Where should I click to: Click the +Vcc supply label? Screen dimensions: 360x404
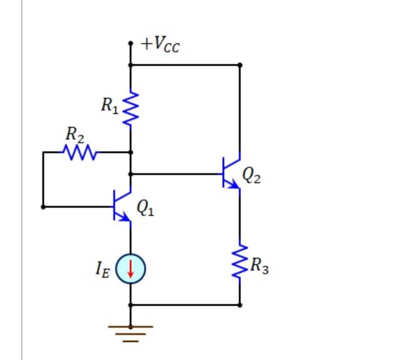(x=160, y=45)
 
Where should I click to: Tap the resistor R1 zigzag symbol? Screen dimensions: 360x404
(x=131, y=108)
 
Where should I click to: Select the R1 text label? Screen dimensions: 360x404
(x=110, y=105)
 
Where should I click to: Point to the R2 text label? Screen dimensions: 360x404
(x=75, y=135)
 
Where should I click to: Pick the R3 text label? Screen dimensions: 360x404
(x=259, y=265)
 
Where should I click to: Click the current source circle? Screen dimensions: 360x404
(x=131, y=269)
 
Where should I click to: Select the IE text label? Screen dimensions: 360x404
(x=102, y=269)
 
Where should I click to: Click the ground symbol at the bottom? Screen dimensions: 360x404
(x=131, y=333)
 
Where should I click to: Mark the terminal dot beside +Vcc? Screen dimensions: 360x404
(x=131, y=44)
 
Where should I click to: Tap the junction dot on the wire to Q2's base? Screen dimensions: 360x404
(x=131, y=174)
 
